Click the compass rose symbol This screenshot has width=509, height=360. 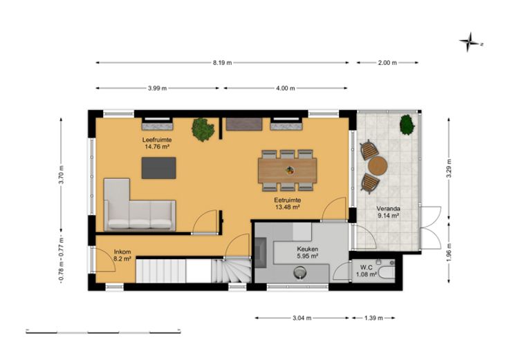pyautogui.click(x=468, y=42)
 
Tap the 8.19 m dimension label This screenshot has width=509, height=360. pyautogui.click(x=223, y=63)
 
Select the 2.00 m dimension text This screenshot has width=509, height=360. pyautogui.click(x=387, y=63)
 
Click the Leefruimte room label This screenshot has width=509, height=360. pyautogui.click(x=157, y=140)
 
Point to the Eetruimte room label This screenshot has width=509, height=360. pyautogui.click(x=287, y=200)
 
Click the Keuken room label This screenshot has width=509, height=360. pyautogui.click(x=308, y=249)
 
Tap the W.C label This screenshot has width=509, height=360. pyautogui.click(x=366, y=267)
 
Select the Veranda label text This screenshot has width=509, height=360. pyautogui.click(x=388, y=209)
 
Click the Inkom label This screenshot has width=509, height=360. pyautogui.click(x=122, y=252)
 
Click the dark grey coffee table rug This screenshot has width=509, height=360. pyautogui.click(x=159, y=168)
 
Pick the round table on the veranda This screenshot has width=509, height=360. pyautogui.click(x=378, y=166)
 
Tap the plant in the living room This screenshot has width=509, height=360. pyautogui.click(x=203, y=129)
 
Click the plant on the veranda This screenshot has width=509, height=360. pyautogui.click(x=407, y=125)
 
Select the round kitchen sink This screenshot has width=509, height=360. pyautogui.click(x=300, y=273)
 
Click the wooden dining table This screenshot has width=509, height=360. pyautogui.click(x=288, y=170)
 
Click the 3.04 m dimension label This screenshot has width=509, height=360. pyautogui.click(x=302, y=318)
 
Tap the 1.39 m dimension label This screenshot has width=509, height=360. pyautogui.click(x=373, y=318)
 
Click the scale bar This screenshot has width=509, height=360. pyautogui.click(x=103, y=332)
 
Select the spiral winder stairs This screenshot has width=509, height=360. pyautogui.click(x=231, y=270)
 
